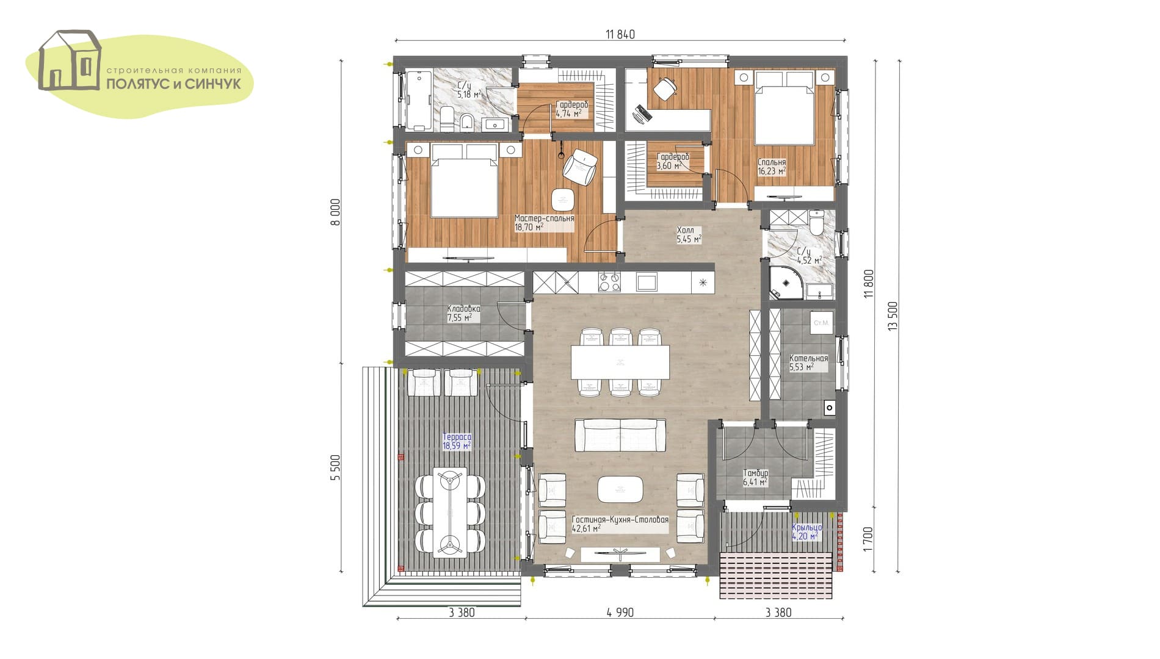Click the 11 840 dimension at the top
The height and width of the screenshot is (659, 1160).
point(620,34)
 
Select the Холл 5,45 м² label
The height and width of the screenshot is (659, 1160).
point(689,235)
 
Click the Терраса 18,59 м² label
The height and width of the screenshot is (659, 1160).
point(457,442)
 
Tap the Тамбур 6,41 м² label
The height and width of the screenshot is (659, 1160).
point(755,478)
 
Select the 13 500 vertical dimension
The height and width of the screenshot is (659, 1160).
point(893,316)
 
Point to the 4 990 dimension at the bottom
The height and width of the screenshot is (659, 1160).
point(620,613)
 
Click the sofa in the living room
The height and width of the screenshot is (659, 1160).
point(620,435)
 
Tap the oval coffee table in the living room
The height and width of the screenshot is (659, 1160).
point(620,489)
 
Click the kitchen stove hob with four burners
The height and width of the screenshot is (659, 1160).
point(609,282)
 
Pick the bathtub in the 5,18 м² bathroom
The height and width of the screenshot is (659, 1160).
point(419,100)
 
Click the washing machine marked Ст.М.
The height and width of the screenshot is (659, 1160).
point(821,323)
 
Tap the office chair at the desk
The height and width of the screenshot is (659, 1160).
point(665,88)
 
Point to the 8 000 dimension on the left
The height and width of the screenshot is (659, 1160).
point(335,212)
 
